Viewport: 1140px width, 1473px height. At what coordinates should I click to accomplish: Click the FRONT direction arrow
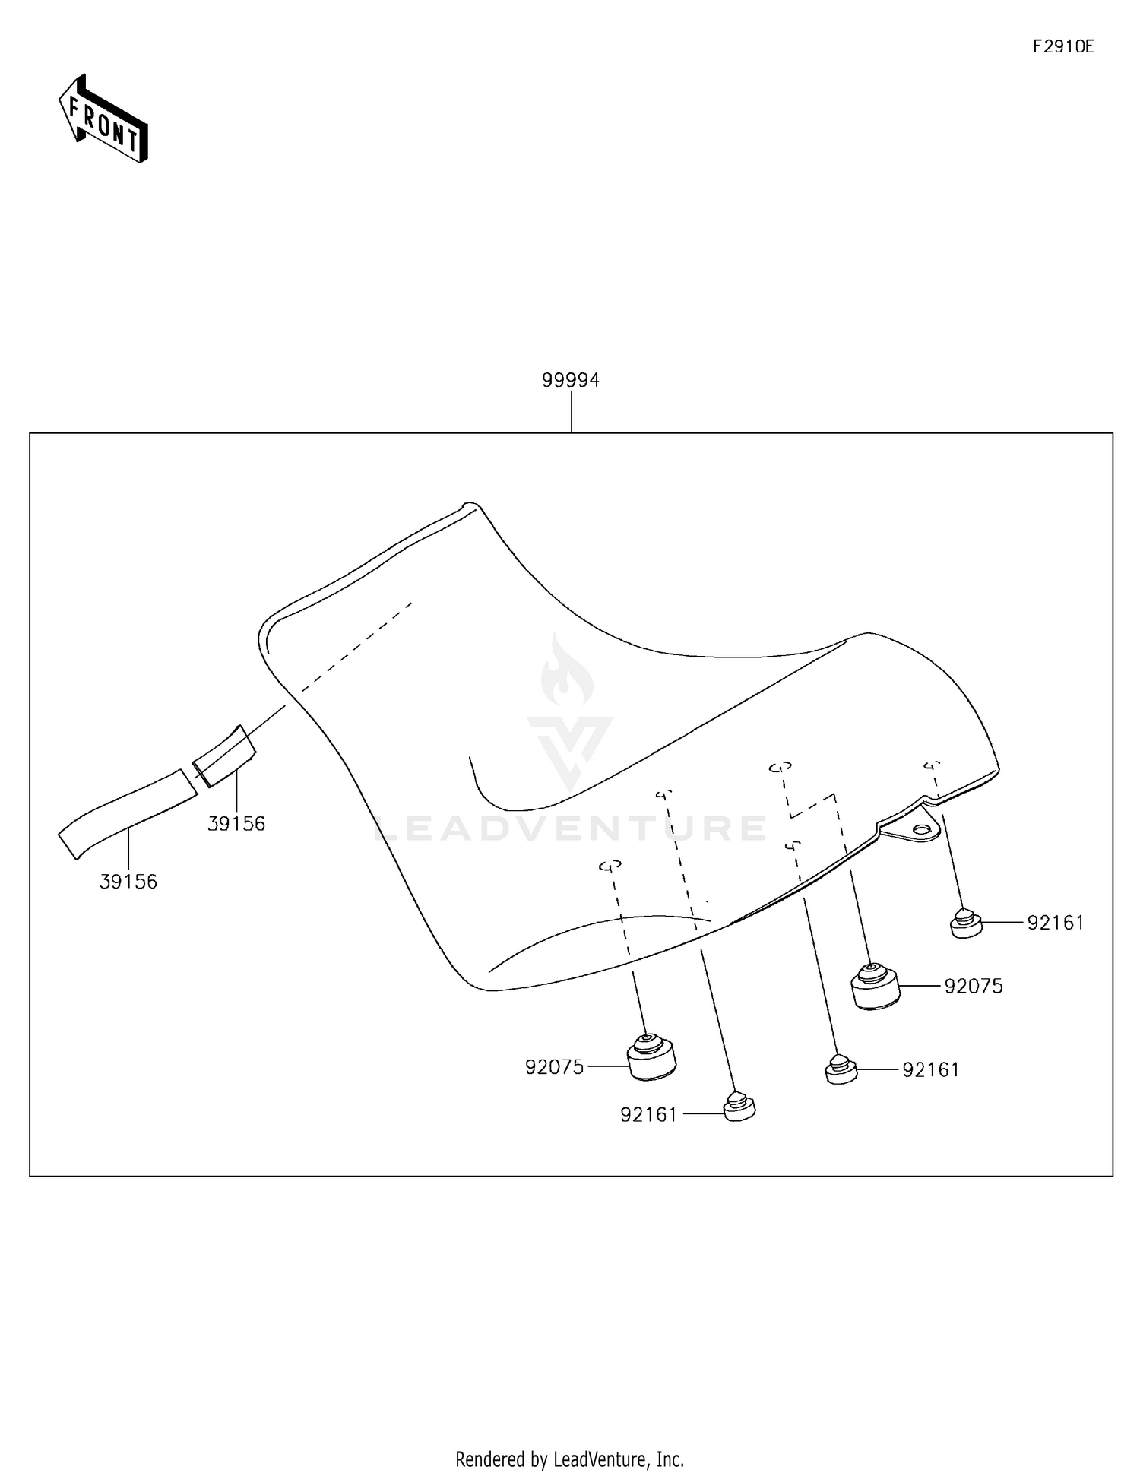pyautogui.click(x=103, y=120)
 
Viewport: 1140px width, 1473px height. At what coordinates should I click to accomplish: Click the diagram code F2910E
pyautogui.click(x=1062, y=46)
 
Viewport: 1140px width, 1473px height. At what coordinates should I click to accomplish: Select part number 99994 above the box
pyautogui.click(x=570, y=380)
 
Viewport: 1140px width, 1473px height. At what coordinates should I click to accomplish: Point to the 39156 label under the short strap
pyautogui.click(x=236, y=823)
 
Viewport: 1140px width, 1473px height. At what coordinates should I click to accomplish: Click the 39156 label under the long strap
pyautogui.click(x=128, y=882)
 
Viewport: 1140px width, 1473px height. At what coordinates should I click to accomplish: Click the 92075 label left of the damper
pyautogui.click(x=554, y=1067)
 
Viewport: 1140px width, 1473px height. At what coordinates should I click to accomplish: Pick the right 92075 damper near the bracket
pyautogui.click(x=875, y=987)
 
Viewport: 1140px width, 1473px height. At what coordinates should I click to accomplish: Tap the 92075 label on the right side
pyautogui.click(x=974, y=987)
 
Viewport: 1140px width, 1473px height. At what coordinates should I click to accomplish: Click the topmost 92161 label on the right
pyautogui.click(x=1055, y=923)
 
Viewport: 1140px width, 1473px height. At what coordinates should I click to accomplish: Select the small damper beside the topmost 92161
pyautogui.click(x=966, y=923)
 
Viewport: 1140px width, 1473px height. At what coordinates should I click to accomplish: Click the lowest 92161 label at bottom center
pyautogui.click(x=648, y=1115)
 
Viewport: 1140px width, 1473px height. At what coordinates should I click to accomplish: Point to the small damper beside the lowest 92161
pyautogui.click(x=738, y=1107)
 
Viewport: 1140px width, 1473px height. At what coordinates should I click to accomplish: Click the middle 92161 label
pyautogui.click(x=930, y=1070)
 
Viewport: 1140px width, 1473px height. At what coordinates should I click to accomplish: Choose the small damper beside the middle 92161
pyautogui.click(x=841, y=1069)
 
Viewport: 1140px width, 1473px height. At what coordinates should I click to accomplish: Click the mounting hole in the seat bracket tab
pyautogui.click(x=922, y=829)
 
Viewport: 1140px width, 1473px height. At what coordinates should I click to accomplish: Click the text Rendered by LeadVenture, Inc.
pyautogui.click(x=569, y=1459)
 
